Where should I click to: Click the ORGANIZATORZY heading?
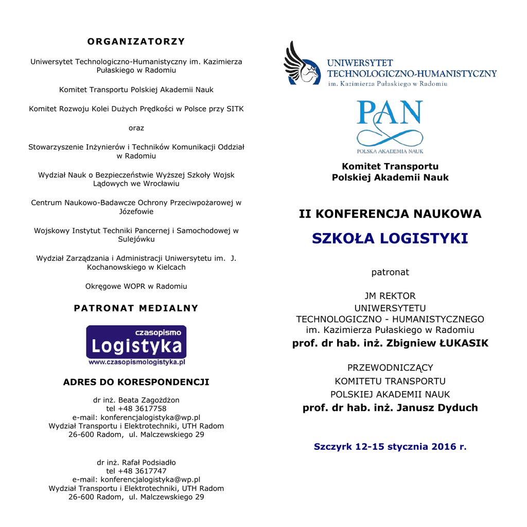[136, 41]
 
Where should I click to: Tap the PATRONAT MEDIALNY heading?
[136, 308]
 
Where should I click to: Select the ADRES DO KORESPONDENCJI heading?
[136, 382]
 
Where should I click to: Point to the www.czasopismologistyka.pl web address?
[136, 362]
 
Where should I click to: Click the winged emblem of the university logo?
[301, 64]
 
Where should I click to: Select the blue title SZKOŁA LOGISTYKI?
[390, 239]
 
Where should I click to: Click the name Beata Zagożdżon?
[149, 400]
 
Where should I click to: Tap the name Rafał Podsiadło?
[149, 462]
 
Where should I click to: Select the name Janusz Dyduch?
[437, 408]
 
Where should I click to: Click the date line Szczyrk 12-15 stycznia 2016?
[390, 447]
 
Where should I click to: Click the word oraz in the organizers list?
[136, 128]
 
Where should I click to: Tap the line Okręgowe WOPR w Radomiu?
[136, 286]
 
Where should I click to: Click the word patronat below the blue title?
[390, 272]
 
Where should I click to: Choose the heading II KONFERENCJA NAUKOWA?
[390, 214]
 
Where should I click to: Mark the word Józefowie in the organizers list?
[136, 212]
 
